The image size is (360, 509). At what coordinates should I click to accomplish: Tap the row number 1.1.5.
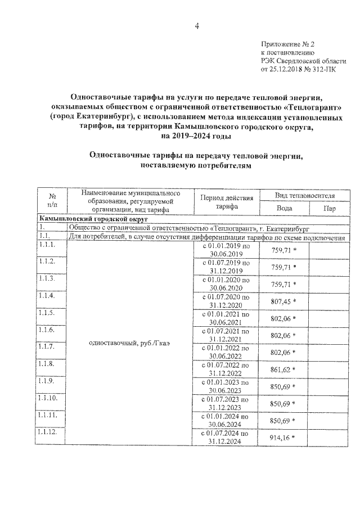47,313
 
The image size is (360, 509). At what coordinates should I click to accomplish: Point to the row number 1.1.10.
48,398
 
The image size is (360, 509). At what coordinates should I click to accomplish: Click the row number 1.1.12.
48,431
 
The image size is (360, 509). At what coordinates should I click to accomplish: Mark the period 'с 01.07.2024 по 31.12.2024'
226,438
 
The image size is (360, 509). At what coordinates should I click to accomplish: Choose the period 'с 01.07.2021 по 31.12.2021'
226,335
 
